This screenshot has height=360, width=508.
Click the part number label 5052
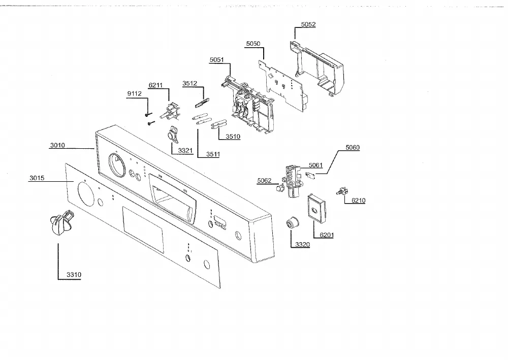click(308, 24)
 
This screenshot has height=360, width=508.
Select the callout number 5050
click(253, 44)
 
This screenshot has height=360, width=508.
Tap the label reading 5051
click(217, 59)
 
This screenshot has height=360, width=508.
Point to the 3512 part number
click(189, 83)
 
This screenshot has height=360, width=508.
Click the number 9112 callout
click(135, 93)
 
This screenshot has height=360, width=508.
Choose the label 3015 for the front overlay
click(37, 178)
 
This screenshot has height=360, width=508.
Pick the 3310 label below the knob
click(74, 275)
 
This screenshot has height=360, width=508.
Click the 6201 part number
click(327, 235)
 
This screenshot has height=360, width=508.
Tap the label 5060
click(353, 148)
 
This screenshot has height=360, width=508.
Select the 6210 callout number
click(358, 201)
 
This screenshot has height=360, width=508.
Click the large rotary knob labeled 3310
click(61, 222)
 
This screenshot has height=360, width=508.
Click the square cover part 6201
click(316, 208)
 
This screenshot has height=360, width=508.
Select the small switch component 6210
click(342, 191)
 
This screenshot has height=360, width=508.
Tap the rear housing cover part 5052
click(316, 68)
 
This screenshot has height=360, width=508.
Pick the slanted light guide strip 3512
click(202, 103)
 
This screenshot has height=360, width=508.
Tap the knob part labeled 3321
click(173, 134)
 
